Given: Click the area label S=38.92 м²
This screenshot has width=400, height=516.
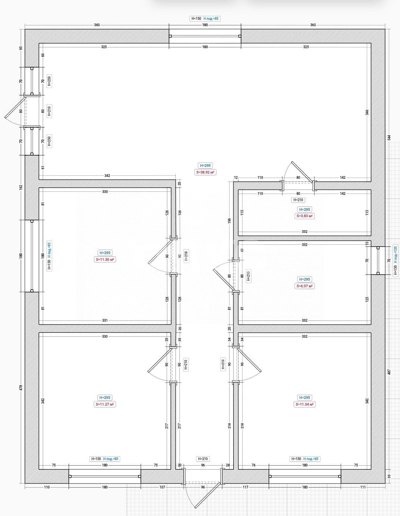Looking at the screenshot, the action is point(205,172).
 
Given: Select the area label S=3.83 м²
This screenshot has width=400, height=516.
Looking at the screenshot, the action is point(304,216).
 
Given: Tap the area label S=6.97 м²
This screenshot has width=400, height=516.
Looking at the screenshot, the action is point(304,286).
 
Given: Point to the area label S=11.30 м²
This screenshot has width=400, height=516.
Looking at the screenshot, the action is point(105,260).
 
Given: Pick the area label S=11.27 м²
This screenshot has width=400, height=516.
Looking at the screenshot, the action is point(105,404).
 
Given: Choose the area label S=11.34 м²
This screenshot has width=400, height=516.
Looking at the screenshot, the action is point(304,404).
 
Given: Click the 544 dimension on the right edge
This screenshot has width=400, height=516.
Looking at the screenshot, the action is point(389,138).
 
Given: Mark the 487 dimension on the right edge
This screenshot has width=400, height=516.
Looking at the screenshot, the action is point(389,372).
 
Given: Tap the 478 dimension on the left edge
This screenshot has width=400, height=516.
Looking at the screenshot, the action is point(21,388).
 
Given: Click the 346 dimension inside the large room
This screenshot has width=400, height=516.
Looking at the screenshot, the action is point(367,112).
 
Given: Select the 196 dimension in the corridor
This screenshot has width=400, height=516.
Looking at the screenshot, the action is point(229,221).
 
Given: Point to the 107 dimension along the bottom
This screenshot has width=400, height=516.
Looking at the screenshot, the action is point(162,487).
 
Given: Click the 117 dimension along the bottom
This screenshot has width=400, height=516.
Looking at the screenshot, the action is point(246,487).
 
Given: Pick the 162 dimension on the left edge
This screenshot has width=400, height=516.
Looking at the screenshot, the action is point(21,187).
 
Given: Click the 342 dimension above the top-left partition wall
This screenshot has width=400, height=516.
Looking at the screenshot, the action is point(107,176).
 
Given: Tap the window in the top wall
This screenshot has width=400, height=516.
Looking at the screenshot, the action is point(205,36).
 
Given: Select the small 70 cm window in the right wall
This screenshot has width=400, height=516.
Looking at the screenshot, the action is point(378,260).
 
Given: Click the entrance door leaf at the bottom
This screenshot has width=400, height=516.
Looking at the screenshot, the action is point(208,495).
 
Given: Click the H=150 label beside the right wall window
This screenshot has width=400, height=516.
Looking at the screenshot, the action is point(395,270).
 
